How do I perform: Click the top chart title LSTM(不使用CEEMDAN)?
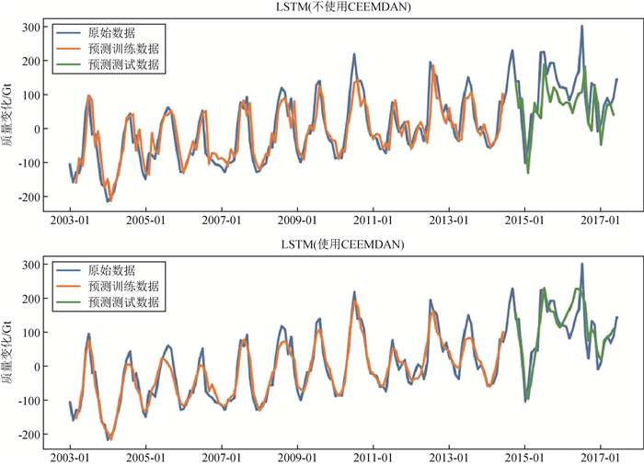[344, 7]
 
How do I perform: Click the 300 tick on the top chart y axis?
[30, 27]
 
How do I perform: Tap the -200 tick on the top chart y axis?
[28, 197]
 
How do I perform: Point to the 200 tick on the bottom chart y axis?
[30, 299]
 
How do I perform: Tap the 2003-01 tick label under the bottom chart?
[70, 457]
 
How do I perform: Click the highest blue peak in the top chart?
[581, 27]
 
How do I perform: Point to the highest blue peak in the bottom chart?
[581, 265]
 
